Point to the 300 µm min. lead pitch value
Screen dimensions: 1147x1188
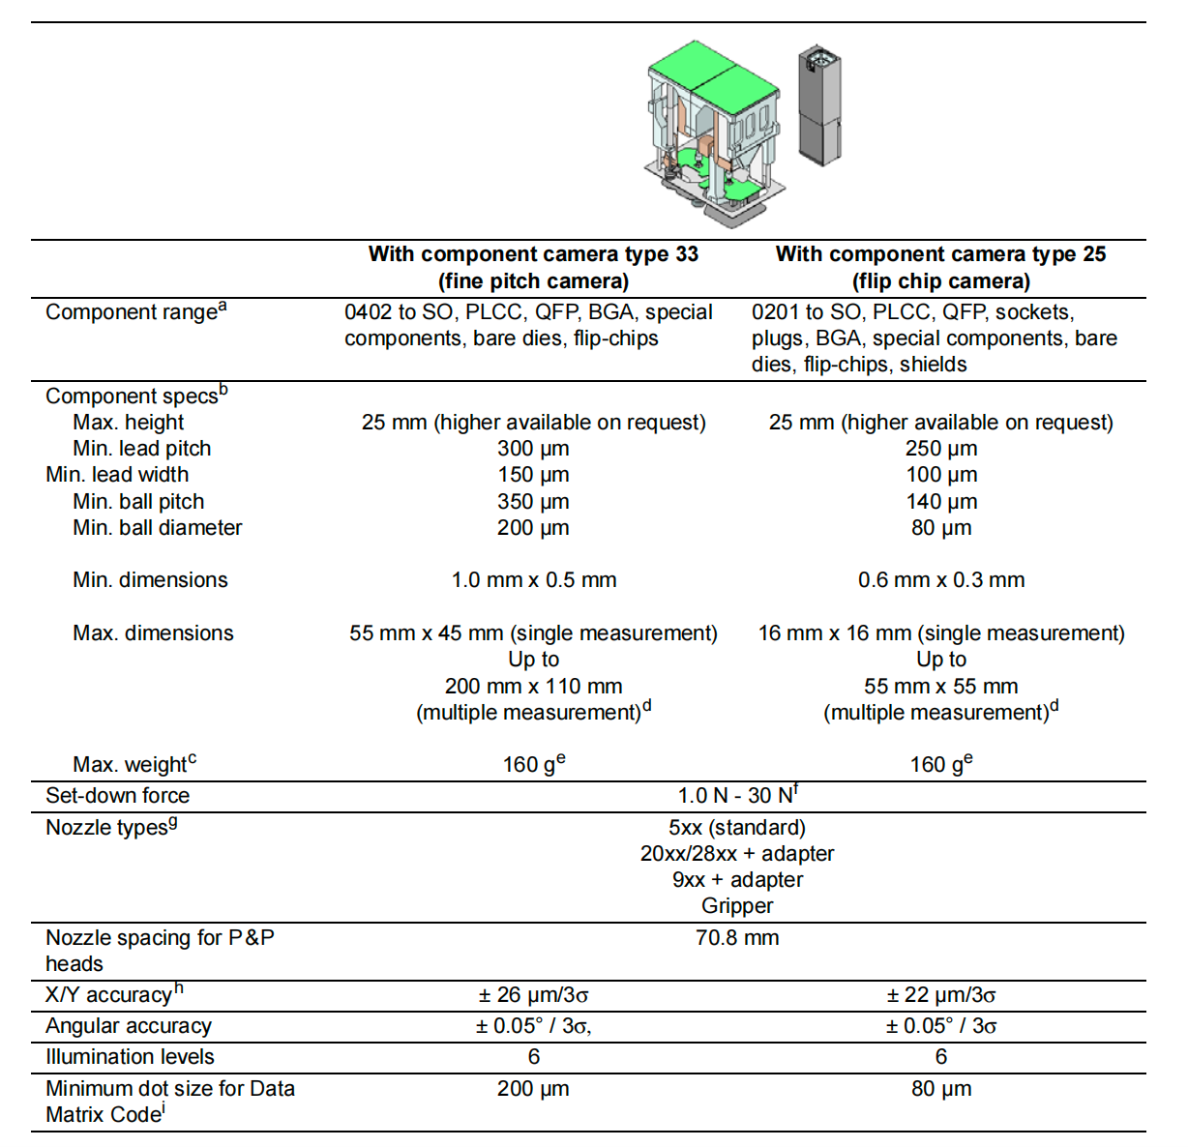click(533, 449)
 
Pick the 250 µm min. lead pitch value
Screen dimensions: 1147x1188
click(940, 449)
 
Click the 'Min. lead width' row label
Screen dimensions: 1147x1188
click(117, 475)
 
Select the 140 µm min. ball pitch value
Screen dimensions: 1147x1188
click(940, 502)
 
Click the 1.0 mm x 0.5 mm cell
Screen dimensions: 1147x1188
click(533, 580)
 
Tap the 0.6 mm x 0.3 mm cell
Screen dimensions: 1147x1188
click(940, 580)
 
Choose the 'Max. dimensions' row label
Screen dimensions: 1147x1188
click(153, 633)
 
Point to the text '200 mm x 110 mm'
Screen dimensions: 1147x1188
click(533, 687)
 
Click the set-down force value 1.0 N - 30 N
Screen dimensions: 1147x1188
click(736, 796)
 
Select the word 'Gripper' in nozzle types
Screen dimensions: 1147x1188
click(737, 906)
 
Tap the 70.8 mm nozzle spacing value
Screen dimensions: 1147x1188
click(737, 938)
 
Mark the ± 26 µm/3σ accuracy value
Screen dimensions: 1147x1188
click(533, 995)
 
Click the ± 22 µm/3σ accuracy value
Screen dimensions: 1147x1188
click(940, 995)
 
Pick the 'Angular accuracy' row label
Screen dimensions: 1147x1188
click(129, 1026)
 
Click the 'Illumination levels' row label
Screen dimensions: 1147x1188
click(130, 1057)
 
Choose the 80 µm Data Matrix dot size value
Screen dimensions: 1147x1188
click(940, 1089)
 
